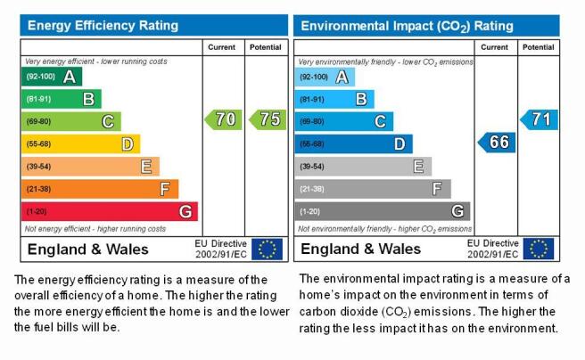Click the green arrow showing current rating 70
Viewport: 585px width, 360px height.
tap(224, 119)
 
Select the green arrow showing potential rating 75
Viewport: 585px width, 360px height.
tap(268, 119)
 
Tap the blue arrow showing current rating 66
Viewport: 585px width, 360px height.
tap(497, 143)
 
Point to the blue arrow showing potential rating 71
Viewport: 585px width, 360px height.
tap(540, 119)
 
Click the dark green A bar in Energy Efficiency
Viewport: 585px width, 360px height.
tap(52, 77)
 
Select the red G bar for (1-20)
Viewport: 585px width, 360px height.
tap(110, 211)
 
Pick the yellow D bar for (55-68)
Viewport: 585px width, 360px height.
tap(81, 143)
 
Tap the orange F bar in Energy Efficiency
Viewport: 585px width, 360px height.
tap(100, 189)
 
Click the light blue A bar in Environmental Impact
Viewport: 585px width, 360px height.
tap(325, 77)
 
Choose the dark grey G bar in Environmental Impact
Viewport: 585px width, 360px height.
tap(383, 211)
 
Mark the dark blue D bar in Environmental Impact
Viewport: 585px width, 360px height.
tap(354, 143)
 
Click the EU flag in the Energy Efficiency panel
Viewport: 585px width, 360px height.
tap(268, 249)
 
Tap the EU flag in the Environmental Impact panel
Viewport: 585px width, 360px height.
tap(539, 249)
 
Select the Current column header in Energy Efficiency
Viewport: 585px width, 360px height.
tap(222, 47)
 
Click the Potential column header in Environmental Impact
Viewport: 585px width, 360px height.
tap(538, 47)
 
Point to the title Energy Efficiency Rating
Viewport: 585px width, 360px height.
tap(103, 25)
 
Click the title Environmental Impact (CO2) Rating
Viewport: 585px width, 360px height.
tap(407, 26)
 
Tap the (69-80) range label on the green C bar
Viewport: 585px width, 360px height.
tap(38, 121)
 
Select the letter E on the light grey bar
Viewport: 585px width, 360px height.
tap(418, 167)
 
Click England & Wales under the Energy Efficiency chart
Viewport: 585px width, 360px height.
tap(88, 250)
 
